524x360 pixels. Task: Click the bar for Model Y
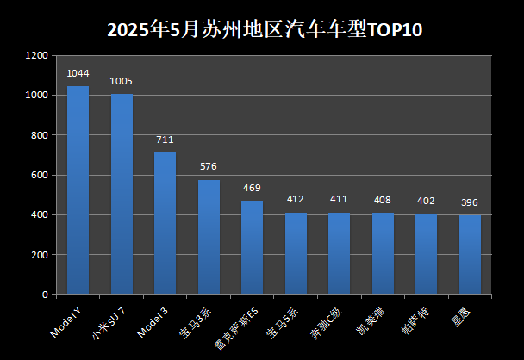click(x=78, y=189)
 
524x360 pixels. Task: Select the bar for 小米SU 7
click(x=122, y=194)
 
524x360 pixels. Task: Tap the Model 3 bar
click(x=165, y=223)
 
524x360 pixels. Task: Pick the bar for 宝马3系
click(x=209, y=237)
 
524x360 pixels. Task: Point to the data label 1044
click(x=78, y=73)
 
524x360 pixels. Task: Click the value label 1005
click(x=122, y=81)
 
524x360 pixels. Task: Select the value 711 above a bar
click(x=165, y=140)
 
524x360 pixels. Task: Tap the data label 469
click(x=252, y=188)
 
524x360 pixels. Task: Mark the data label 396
click(x=470, y=202)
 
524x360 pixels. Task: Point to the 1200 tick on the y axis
click(x=36, y=55)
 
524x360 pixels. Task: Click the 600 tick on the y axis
click(x=40, y=175)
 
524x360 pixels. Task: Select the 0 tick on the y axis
click(x=45, y=295)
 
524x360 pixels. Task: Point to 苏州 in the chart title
click(x=214, y=29)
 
